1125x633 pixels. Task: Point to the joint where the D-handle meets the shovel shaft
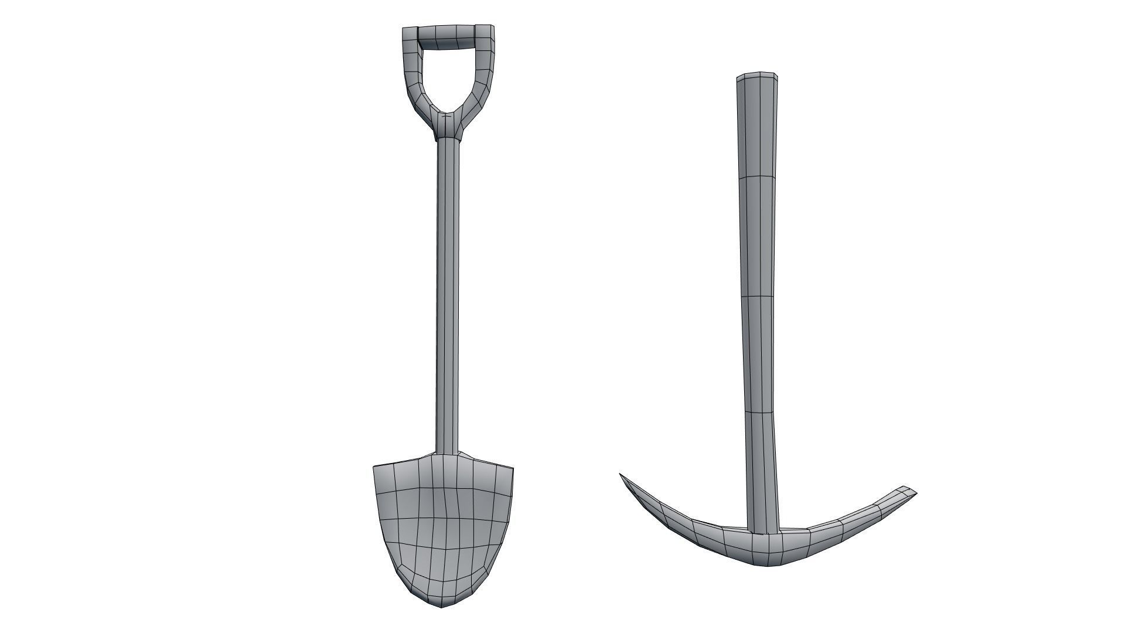pyautogui.click(x=448, y=126)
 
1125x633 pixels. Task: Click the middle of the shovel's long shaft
pyautogui.click(x=448, y=293)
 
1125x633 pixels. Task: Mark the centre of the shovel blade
pyautogui.click(x=444, y=522)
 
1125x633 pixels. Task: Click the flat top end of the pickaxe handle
pyautogui.click(x=758, y=76)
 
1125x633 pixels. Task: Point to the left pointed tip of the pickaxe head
pyautogui.click(x=622, y=475)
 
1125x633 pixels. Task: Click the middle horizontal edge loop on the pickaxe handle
pyautogui.click(x=760, y=297)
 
